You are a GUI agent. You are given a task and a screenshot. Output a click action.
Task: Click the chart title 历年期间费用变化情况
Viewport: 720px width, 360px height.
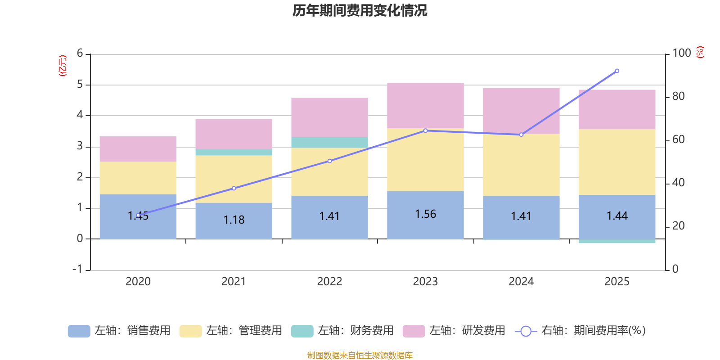tap(360, 10)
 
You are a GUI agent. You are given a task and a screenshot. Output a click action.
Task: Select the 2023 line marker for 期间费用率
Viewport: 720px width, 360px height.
tap(425, 130)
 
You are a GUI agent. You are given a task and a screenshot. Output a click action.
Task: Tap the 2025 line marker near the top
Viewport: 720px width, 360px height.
tap(617, 71)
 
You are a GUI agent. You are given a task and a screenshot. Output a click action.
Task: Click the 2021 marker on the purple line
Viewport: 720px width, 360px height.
tap(234, 188)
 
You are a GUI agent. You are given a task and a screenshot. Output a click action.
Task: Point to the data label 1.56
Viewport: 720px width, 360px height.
tap(425, 214)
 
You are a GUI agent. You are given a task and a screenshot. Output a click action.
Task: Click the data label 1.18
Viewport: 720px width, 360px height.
tap(234, 220)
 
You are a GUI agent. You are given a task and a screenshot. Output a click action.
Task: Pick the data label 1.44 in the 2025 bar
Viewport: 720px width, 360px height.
tap(617, 216)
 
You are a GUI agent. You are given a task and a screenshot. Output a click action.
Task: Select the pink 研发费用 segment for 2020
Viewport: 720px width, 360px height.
tap(138, 149)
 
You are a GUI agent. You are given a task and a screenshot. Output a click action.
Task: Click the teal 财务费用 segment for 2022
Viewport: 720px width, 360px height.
tap(329, 143)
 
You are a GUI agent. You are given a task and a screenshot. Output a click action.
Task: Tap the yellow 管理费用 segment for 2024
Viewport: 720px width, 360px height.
tap(521, 165)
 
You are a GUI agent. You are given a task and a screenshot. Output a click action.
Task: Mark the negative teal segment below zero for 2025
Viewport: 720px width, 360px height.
tap(617, 242)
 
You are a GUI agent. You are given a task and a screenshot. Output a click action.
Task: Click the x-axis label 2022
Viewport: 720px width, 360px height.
tap(329, 282)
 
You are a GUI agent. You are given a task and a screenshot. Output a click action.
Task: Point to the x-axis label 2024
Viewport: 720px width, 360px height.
tap(521, 282)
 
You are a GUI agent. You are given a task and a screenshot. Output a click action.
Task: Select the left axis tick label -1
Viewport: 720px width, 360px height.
tap(78, 269)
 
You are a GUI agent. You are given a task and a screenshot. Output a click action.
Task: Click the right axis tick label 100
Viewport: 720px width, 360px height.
tap(681, 53)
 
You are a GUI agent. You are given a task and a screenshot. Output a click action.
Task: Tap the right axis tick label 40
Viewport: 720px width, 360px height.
tap(678, 183)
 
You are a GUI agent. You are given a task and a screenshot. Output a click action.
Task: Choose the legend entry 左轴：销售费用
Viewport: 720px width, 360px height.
tap(119, 331)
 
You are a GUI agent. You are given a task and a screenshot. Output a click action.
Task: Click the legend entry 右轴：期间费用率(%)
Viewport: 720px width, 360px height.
tap(580, 331)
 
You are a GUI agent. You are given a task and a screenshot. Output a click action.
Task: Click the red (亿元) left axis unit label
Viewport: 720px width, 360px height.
tap(63, 66)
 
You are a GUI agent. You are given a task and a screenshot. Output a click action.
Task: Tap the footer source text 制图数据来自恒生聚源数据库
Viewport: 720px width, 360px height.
tap(360, 355)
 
